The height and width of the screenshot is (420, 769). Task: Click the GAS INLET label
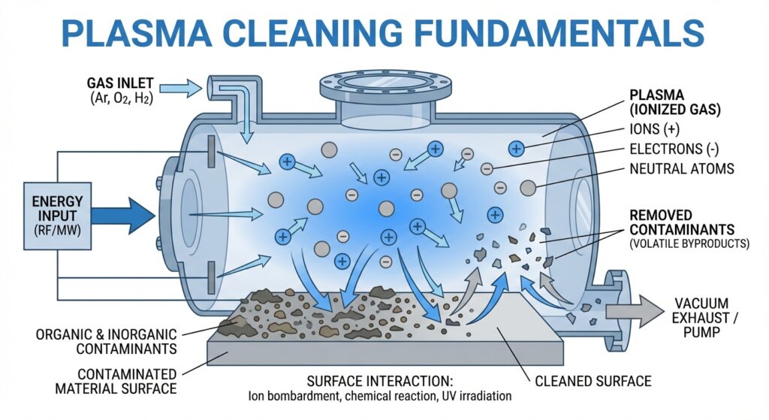(121, 82)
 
